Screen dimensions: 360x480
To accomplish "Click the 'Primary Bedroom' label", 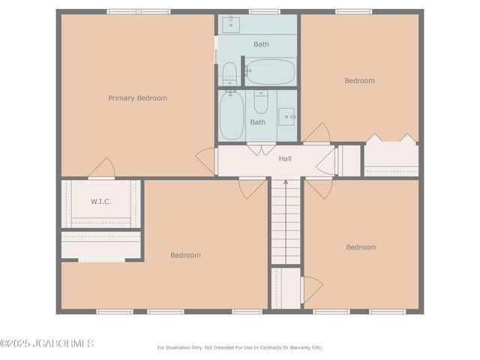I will click(x=137, y=98).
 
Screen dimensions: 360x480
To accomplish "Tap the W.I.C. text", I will click(x=101, y=201).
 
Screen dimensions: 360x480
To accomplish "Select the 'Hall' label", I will click(x=285, y=158).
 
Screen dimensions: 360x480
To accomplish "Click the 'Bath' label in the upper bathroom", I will click(x=261, y=44).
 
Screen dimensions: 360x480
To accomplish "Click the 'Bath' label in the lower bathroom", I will click(x=257, y=122).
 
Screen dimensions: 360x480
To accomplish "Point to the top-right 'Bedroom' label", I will click(x=359, y=81).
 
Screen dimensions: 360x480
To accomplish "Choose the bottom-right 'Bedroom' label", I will click(x=361, y=247).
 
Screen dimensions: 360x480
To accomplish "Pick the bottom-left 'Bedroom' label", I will click(x=185, y=256).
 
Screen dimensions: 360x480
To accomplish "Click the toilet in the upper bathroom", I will click(x=229, y=73).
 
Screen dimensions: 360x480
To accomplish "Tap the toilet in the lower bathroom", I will click(x=260, y=101).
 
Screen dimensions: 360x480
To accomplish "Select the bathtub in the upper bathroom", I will click(x=270, y=72).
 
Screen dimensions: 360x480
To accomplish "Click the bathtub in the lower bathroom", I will click(x=232, y=115).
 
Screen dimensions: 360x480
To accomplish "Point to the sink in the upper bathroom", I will click(x=231, y=23).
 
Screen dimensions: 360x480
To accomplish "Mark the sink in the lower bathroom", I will click(x=286, y=116).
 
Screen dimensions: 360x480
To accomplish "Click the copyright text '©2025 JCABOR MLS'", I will click(x=46, y=343).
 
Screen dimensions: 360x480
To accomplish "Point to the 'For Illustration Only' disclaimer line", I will click(x=239, y=347).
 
